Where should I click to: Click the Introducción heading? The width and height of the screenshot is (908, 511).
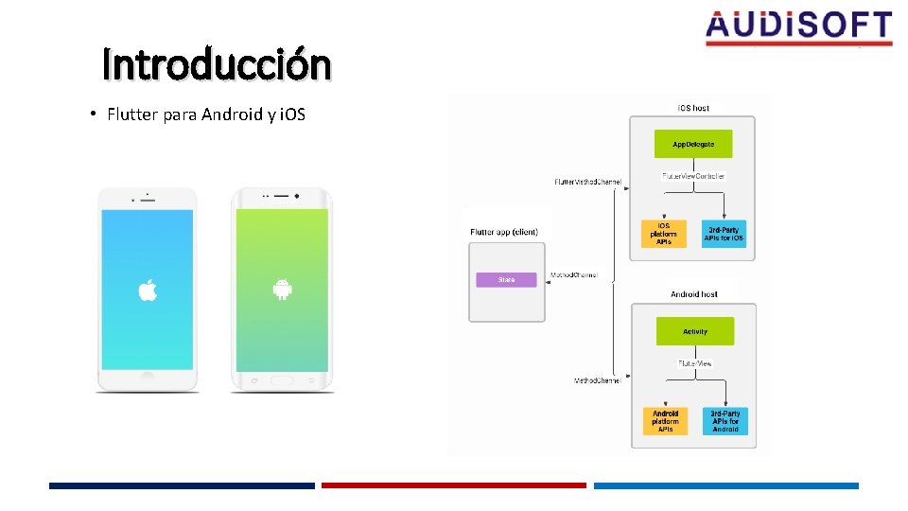[x=218, y=64]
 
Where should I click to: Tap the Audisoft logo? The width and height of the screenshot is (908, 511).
[x=798, y=27]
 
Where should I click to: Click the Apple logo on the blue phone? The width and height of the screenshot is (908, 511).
[x=148, y=290]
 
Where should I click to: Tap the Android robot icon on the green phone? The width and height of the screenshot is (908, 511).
[x=281, y=289]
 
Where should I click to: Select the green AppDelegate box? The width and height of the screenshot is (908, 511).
[x=693, y=144]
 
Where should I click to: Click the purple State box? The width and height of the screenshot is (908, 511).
[x=506, y=280]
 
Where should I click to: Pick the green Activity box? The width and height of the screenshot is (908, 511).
[x=695, y=332]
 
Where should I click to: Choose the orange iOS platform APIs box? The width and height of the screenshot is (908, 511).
[x=664, y=234]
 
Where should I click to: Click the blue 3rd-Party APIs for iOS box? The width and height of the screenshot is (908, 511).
[x=724, y=234]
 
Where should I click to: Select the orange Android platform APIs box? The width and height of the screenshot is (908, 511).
[x=665, y=421]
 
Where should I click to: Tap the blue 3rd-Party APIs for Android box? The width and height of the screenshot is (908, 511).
[x=725, y=421]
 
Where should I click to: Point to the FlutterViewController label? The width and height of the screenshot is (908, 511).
[x=693, y=176]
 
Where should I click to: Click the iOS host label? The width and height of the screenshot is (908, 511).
[x=693, y=108]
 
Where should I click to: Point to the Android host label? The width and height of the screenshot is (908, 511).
[x=694, y=294]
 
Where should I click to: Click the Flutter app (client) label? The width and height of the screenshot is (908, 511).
[x=504, y=232]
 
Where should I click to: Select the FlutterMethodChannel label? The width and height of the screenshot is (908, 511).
[x=587, y=181]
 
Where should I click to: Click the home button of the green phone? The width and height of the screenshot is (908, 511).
[x=281, y=380]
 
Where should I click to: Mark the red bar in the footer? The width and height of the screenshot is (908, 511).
[x=454, y=485]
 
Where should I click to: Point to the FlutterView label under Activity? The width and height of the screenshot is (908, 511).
[x=695, y=363]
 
